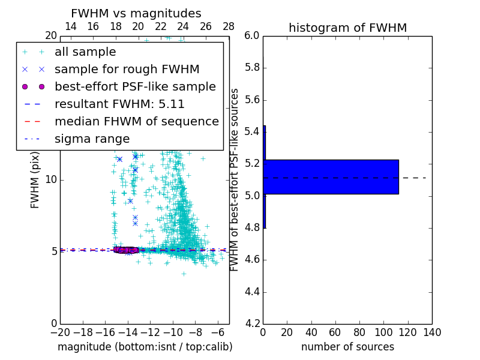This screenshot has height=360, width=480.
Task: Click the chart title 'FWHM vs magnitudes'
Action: (x=136, y=14)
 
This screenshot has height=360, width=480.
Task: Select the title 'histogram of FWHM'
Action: (x=347, y=28)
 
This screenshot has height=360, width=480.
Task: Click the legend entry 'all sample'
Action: (x=85, y=52)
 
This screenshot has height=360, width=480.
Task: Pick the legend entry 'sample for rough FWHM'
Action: (x=127, y=69)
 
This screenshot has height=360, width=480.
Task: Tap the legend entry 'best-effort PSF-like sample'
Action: (x=135, y=86)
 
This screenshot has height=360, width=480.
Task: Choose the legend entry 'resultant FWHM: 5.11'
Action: (x=123, y=104)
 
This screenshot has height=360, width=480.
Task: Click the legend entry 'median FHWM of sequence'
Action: (x=137, y=121)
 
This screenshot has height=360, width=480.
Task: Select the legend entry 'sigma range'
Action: (x=92, y=139)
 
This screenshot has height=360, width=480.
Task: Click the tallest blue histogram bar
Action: (x=331, y=177)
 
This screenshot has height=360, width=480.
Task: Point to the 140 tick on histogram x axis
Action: (x=432, y=332)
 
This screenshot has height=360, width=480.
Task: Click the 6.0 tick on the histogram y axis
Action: (x=251, y=35)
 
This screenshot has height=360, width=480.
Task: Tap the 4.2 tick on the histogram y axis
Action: (x=251, y=323)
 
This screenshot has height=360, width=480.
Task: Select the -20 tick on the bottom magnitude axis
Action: (x=60, y=332)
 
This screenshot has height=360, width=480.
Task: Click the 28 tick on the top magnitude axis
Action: (x=229, y=26)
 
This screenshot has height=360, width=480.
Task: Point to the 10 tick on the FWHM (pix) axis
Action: (x=50, y=179)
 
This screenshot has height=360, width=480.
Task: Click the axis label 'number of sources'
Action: (x=347, y=347)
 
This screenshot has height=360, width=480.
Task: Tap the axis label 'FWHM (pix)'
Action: (x=35, y=180)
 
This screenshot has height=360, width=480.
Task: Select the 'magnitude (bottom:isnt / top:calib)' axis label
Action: (x=145, y=347)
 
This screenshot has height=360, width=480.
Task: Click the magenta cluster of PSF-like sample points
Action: (x=126, y=250)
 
